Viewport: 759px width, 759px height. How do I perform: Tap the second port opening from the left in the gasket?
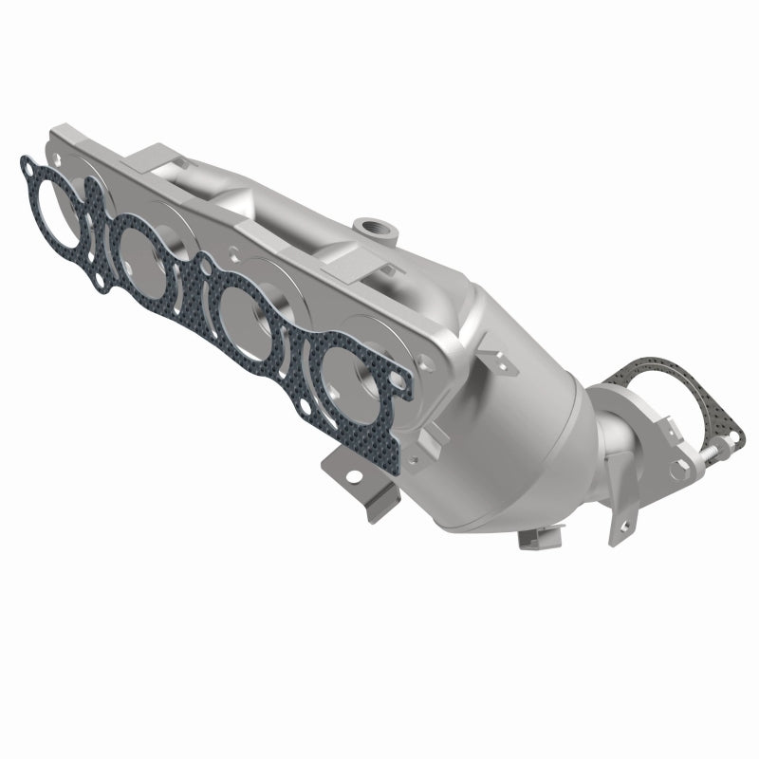click(145, 250)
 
